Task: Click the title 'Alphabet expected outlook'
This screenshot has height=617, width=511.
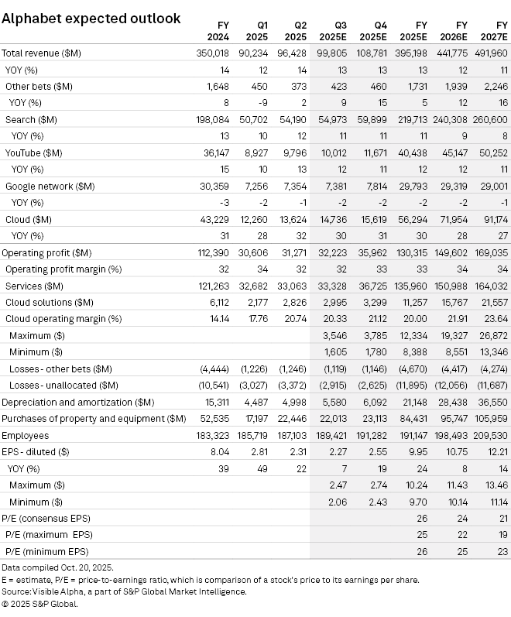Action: tap(91, 18)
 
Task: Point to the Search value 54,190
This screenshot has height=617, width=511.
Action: tap(290, 120)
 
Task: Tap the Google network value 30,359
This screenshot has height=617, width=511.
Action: tap(214, 187)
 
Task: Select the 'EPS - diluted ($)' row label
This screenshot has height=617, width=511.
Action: tap(37, 452)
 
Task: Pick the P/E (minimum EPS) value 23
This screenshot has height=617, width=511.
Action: tap(502, 551)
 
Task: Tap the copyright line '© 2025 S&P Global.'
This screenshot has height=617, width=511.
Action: tap(41, 603)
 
